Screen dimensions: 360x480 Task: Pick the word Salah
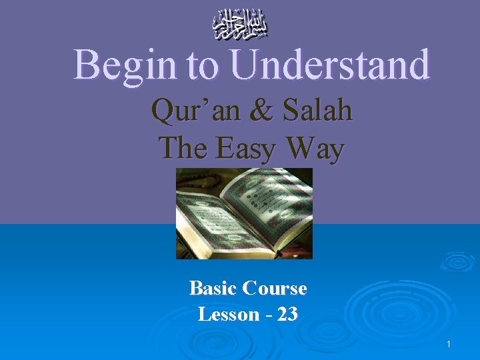click(x=313, y=110)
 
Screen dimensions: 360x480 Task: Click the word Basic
click(x=213, y=288)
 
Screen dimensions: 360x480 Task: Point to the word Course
click(x=275, y=288)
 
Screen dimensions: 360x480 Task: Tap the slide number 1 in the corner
click(x=449, y=344)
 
